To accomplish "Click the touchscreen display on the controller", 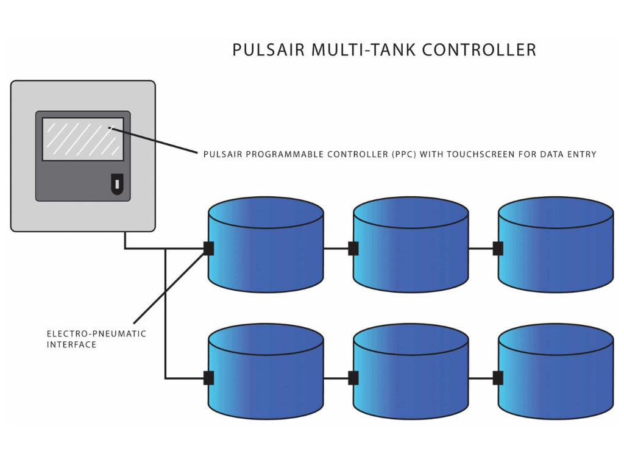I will (x=83, y=139).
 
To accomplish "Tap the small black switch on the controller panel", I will (x=116, y=184).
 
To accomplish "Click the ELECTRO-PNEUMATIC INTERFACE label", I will (x=96, y=339).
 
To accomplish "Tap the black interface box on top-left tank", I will (x=208, y=249).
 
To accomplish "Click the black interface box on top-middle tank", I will (x=353, y=249).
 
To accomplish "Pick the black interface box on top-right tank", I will (x=498, y=249).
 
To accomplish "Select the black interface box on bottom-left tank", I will (x=208, y=378).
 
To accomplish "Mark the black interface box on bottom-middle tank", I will (x=353, y=378).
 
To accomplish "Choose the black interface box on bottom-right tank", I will (x=498, y=378).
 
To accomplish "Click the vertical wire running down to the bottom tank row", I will (x=165, y=317).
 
